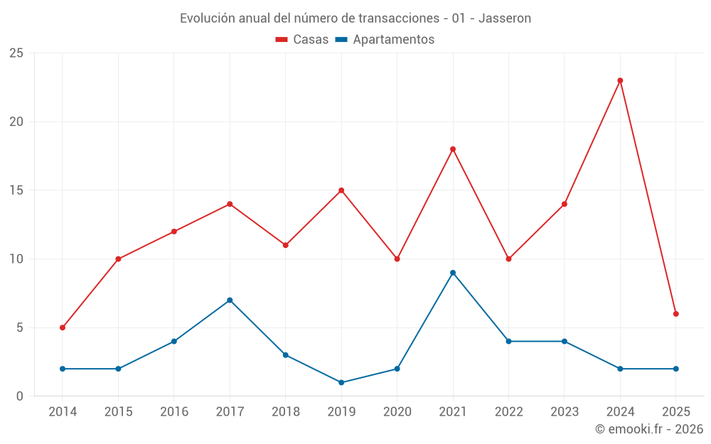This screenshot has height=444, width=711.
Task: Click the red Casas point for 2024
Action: (620, 80)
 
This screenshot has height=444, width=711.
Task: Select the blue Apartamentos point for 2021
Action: (453, 273)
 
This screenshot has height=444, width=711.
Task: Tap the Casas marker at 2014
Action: (63, 327)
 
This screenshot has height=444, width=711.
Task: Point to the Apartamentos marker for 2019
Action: (341, 382)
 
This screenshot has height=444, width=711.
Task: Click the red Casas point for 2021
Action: (453, 149)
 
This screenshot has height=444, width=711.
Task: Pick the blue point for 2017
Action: (230, 300)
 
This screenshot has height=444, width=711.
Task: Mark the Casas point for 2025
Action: (676, 313)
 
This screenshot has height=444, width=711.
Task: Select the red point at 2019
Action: (341, 190)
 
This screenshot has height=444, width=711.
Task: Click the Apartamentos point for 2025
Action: (676, 369)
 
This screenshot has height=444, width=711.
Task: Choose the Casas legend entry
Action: (302, 40)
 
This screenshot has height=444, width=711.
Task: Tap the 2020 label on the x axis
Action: (397, 411)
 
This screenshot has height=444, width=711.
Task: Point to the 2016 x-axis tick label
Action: (174, 411)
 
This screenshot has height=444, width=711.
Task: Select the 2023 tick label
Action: (565, 411)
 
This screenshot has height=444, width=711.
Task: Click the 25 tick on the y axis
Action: (16, 53)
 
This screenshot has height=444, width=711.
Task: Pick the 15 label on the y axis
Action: (16, 190)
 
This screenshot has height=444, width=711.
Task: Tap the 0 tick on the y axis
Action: (20, 396)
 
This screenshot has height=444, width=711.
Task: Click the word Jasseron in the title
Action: (505, 18)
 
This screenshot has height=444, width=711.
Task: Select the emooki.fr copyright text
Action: (649, 429)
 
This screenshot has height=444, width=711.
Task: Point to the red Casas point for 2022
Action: (508, 259)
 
